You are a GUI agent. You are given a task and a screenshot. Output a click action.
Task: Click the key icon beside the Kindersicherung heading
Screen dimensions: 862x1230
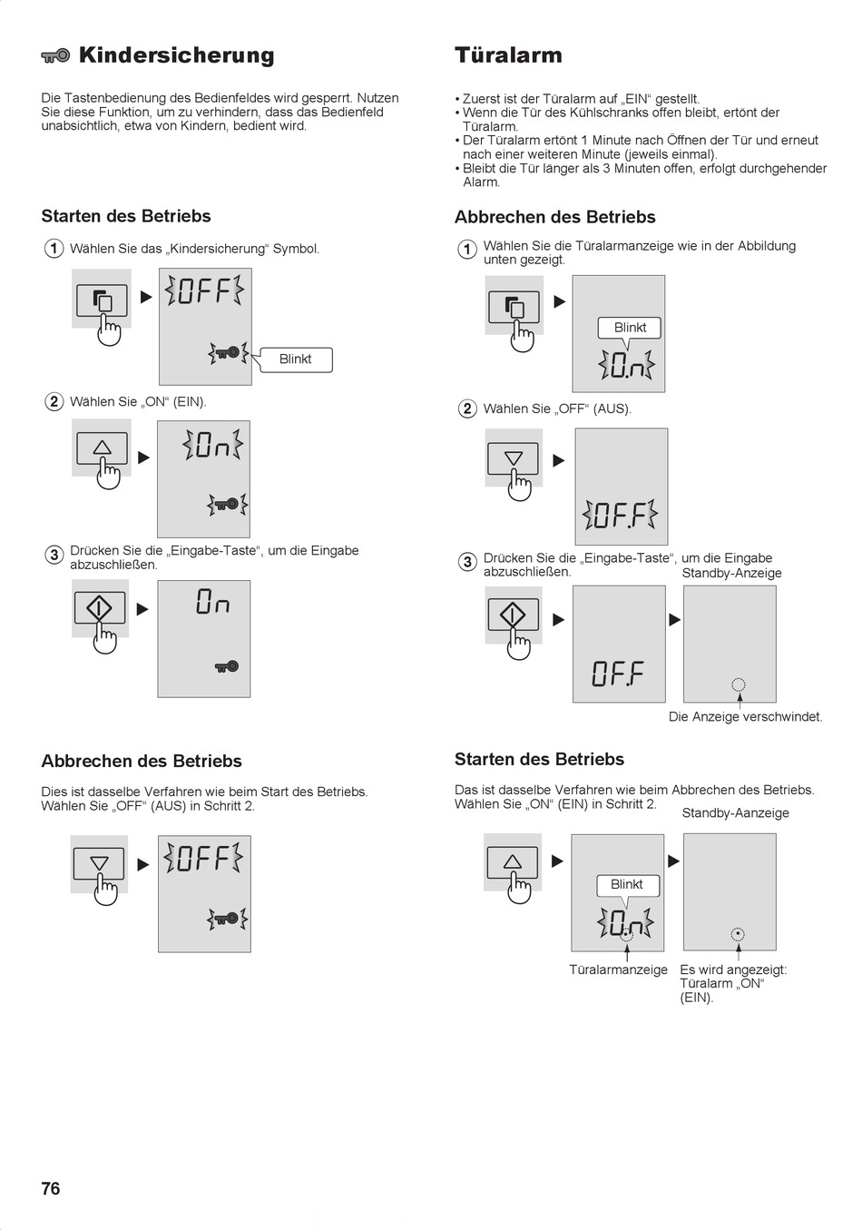55,55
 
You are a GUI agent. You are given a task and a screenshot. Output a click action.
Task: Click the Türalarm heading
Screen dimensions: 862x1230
508,54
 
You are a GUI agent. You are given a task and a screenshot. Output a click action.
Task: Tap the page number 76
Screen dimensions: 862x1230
51,1187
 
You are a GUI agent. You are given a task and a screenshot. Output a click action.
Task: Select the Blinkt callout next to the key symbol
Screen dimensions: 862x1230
296,359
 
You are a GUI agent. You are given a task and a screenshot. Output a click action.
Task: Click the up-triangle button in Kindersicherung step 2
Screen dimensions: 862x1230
103,448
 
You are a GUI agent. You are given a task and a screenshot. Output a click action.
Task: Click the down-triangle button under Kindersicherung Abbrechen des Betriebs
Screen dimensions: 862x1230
99,863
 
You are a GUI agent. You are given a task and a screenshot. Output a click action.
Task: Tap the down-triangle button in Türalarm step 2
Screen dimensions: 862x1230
514,458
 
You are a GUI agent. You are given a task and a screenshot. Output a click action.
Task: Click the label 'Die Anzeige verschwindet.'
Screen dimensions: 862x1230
745,716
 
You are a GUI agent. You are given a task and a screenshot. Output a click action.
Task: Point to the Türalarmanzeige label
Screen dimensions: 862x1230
618,969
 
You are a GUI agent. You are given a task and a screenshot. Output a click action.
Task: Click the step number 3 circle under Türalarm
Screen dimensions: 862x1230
467,562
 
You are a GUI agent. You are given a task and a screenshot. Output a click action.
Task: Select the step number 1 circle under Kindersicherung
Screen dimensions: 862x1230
54,248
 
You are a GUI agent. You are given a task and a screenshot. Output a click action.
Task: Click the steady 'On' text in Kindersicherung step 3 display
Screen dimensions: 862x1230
212,601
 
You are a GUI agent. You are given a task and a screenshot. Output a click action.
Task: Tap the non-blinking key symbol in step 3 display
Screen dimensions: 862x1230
227,667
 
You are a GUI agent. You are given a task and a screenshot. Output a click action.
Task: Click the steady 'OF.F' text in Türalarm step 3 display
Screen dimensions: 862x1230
618,674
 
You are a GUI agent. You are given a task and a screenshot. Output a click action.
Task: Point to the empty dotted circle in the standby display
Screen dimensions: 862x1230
739,684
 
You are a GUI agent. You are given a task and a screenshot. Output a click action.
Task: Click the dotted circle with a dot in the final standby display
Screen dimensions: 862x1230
739,933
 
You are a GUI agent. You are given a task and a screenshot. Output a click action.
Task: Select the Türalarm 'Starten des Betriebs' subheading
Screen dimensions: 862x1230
539,759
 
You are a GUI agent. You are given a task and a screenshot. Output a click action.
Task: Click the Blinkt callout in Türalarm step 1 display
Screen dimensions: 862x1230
630,328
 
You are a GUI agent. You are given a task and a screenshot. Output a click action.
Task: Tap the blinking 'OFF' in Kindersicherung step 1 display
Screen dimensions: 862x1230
204,291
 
